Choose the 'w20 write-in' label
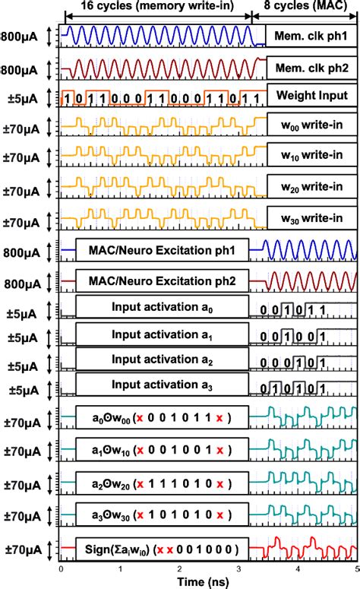311,186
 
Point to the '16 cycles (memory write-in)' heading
159,7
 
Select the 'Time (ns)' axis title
209,581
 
